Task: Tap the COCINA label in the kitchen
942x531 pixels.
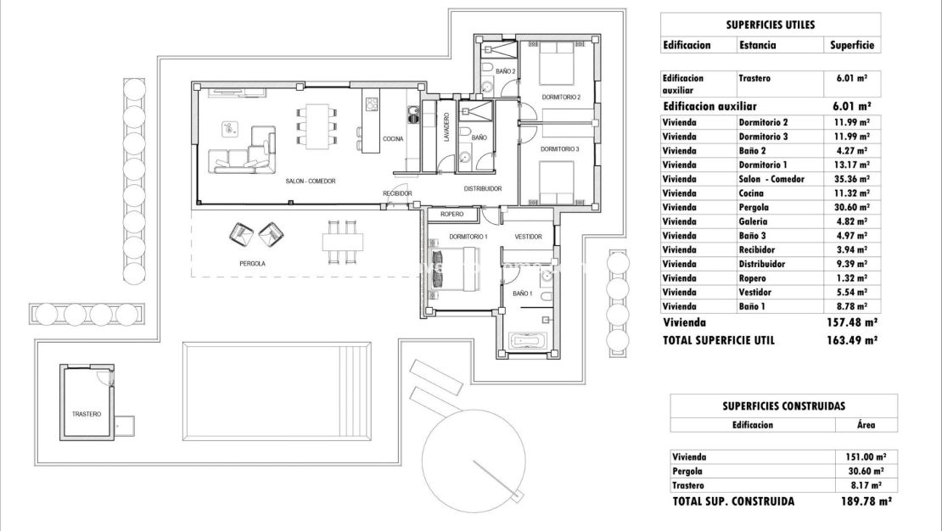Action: tap(393, 139)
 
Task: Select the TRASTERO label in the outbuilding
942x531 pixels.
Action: tap(87, 414)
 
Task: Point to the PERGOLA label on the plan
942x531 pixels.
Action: tap(252, 264)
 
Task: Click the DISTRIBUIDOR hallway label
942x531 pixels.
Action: tap(482, 188)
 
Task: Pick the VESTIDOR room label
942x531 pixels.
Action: tap(527, 236)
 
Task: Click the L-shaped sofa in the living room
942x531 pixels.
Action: tap(245, 153)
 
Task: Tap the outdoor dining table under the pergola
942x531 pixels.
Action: tap(343, 241)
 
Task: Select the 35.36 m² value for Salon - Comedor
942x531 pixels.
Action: tap(851, 179)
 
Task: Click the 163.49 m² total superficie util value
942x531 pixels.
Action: tap(851, 340)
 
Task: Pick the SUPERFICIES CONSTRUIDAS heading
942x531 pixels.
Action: tap(782, 406)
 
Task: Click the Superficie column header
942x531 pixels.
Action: tap(851, 45)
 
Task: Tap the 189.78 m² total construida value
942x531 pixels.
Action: tap(861, 501)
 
